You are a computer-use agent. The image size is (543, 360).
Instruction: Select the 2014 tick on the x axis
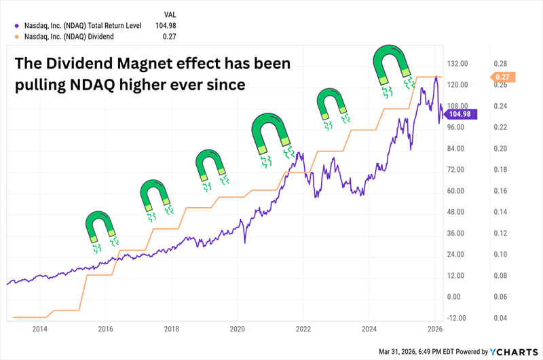tap(40, 328)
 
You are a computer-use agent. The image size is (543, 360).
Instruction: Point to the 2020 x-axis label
tap(238, 328)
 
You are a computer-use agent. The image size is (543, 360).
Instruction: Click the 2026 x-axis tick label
tap(434, 328)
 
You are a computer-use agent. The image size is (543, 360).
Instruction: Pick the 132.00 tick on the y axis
tap(460, 63)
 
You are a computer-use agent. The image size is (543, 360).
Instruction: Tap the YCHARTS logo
tap(515, 352)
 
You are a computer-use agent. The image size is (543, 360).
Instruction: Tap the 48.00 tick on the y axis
tap(460, 212)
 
